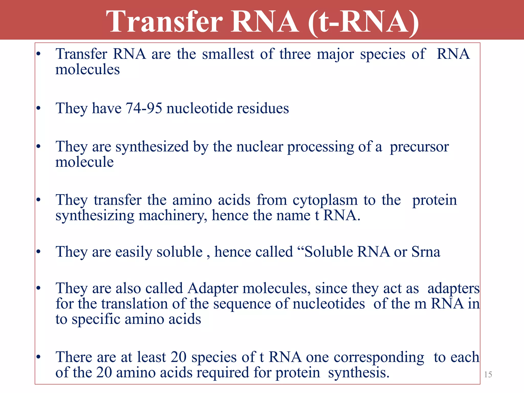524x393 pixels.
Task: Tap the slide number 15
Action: (488, 375)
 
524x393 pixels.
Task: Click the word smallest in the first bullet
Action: (228, 54)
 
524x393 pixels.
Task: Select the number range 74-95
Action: (144, 108)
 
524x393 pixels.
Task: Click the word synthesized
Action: (152, 147)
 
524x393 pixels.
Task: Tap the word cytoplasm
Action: (325, 200)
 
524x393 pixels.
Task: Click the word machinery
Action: (173, 216)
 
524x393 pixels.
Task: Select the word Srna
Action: (426, 252)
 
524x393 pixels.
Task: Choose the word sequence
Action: (242, 304)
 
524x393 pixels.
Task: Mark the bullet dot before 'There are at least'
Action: (38, 357)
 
